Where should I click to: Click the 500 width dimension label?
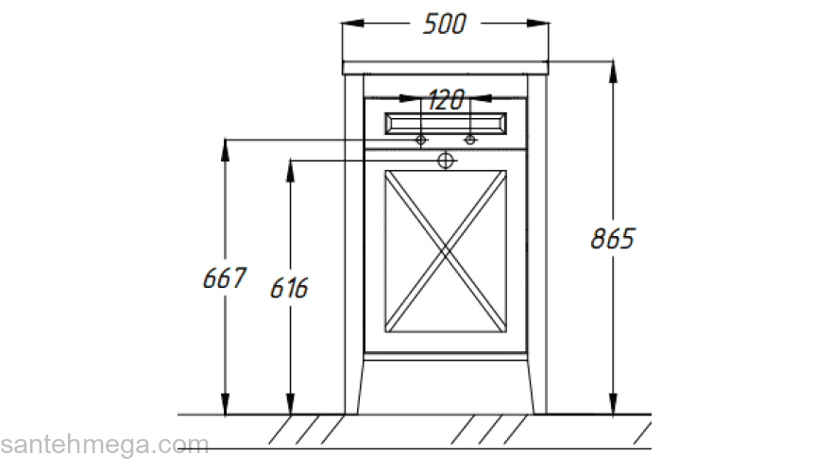(x=445, y=25)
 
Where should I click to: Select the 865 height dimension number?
(x=613, y=239)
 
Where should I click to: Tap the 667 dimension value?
(x=225, y=278)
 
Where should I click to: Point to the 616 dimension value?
(x=289, y=288)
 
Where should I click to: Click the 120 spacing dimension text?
(x=446, y=98)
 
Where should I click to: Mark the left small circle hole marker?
(x=422, y=141)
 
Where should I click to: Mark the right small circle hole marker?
(x=469, y=141)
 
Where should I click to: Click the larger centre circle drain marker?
(x=446, y=160)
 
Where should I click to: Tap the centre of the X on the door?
(x=446, y=250)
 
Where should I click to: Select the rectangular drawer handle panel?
(x=446, y=122)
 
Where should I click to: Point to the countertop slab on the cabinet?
(x=446, y=67)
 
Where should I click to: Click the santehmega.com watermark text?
(x=104, y=444)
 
